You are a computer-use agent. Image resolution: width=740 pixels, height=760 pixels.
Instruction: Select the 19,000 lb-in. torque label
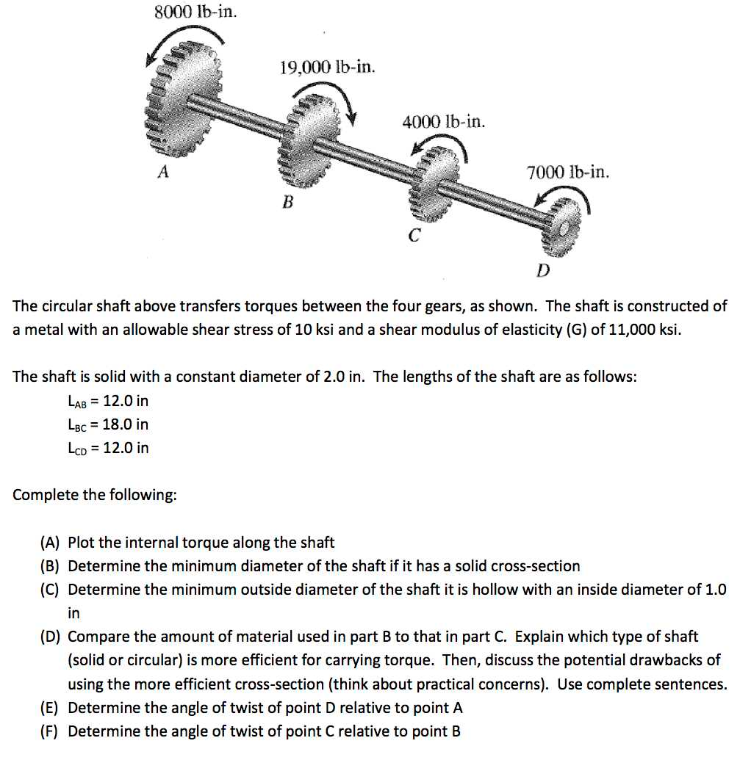pos(327,68)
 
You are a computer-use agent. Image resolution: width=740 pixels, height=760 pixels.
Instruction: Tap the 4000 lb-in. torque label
pos(443,121)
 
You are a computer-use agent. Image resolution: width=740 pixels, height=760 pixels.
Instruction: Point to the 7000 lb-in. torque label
pos(567,173)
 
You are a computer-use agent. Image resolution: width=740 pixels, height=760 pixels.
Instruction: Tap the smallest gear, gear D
pos(561,228)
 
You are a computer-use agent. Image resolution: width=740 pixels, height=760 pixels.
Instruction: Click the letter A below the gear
pos(163,173)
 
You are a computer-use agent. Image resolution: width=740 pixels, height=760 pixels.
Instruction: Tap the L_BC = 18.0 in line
pos(107,424)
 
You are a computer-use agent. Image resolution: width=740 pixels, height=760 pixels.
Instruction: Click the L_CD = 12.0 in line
pos(107,448)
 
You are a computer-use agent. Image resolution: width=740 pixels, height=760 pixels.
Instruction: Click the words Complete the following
pos(94,495)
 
